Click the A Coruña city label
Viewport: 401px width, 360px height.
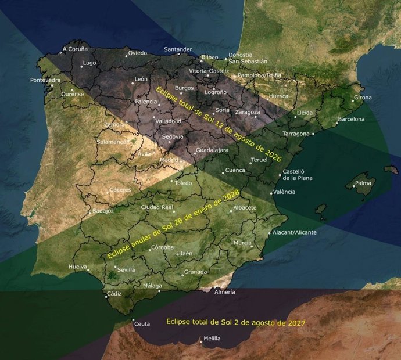click(76, 49)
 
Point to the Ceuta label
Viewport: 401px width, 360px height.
click(142, 324)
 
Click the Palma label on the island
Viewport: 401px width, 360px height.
click(363, 184)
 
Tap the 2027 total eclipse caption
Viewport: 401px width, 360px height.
click(236, 322)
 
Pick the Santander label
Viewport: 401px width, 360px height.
click(178, 49)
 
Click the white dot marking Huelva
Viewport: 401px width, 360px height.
click(87, 269)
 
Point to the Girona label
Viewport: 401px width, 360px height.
click(363, 98)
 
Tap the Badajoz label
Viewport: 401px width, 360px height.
click(103, 211)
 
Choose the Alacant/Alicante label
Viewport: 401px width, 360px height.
click(296, 232)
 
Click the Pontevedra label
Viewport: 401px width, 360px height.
click(45, 80)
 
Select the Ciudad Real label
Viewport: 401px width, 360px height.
click(157, 207)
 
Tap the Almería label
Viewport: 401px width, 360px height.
click(225, 292)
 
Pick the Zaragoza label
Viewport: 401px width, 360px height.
click(248, 112)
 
